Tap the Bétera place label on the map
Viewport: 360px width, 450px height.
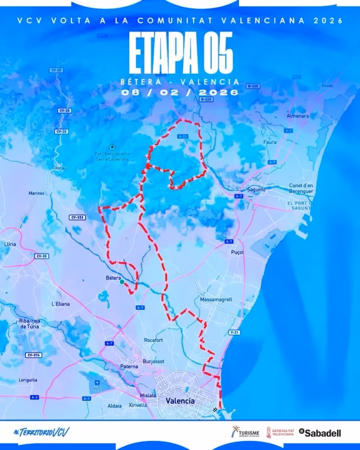click(x=114, y=277)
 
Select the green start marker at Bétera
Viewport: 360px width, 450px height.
click(x=122, y=282)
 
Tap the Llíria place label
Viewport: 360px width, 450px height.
click(x=10, y=244)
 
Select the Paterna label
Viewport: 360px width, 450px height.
click(x=129, y=366)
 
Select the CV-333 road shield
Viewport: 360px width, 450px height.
click(x=77, y=217)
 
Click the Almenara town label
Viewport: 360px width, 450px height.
click(x=298, y=116)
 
